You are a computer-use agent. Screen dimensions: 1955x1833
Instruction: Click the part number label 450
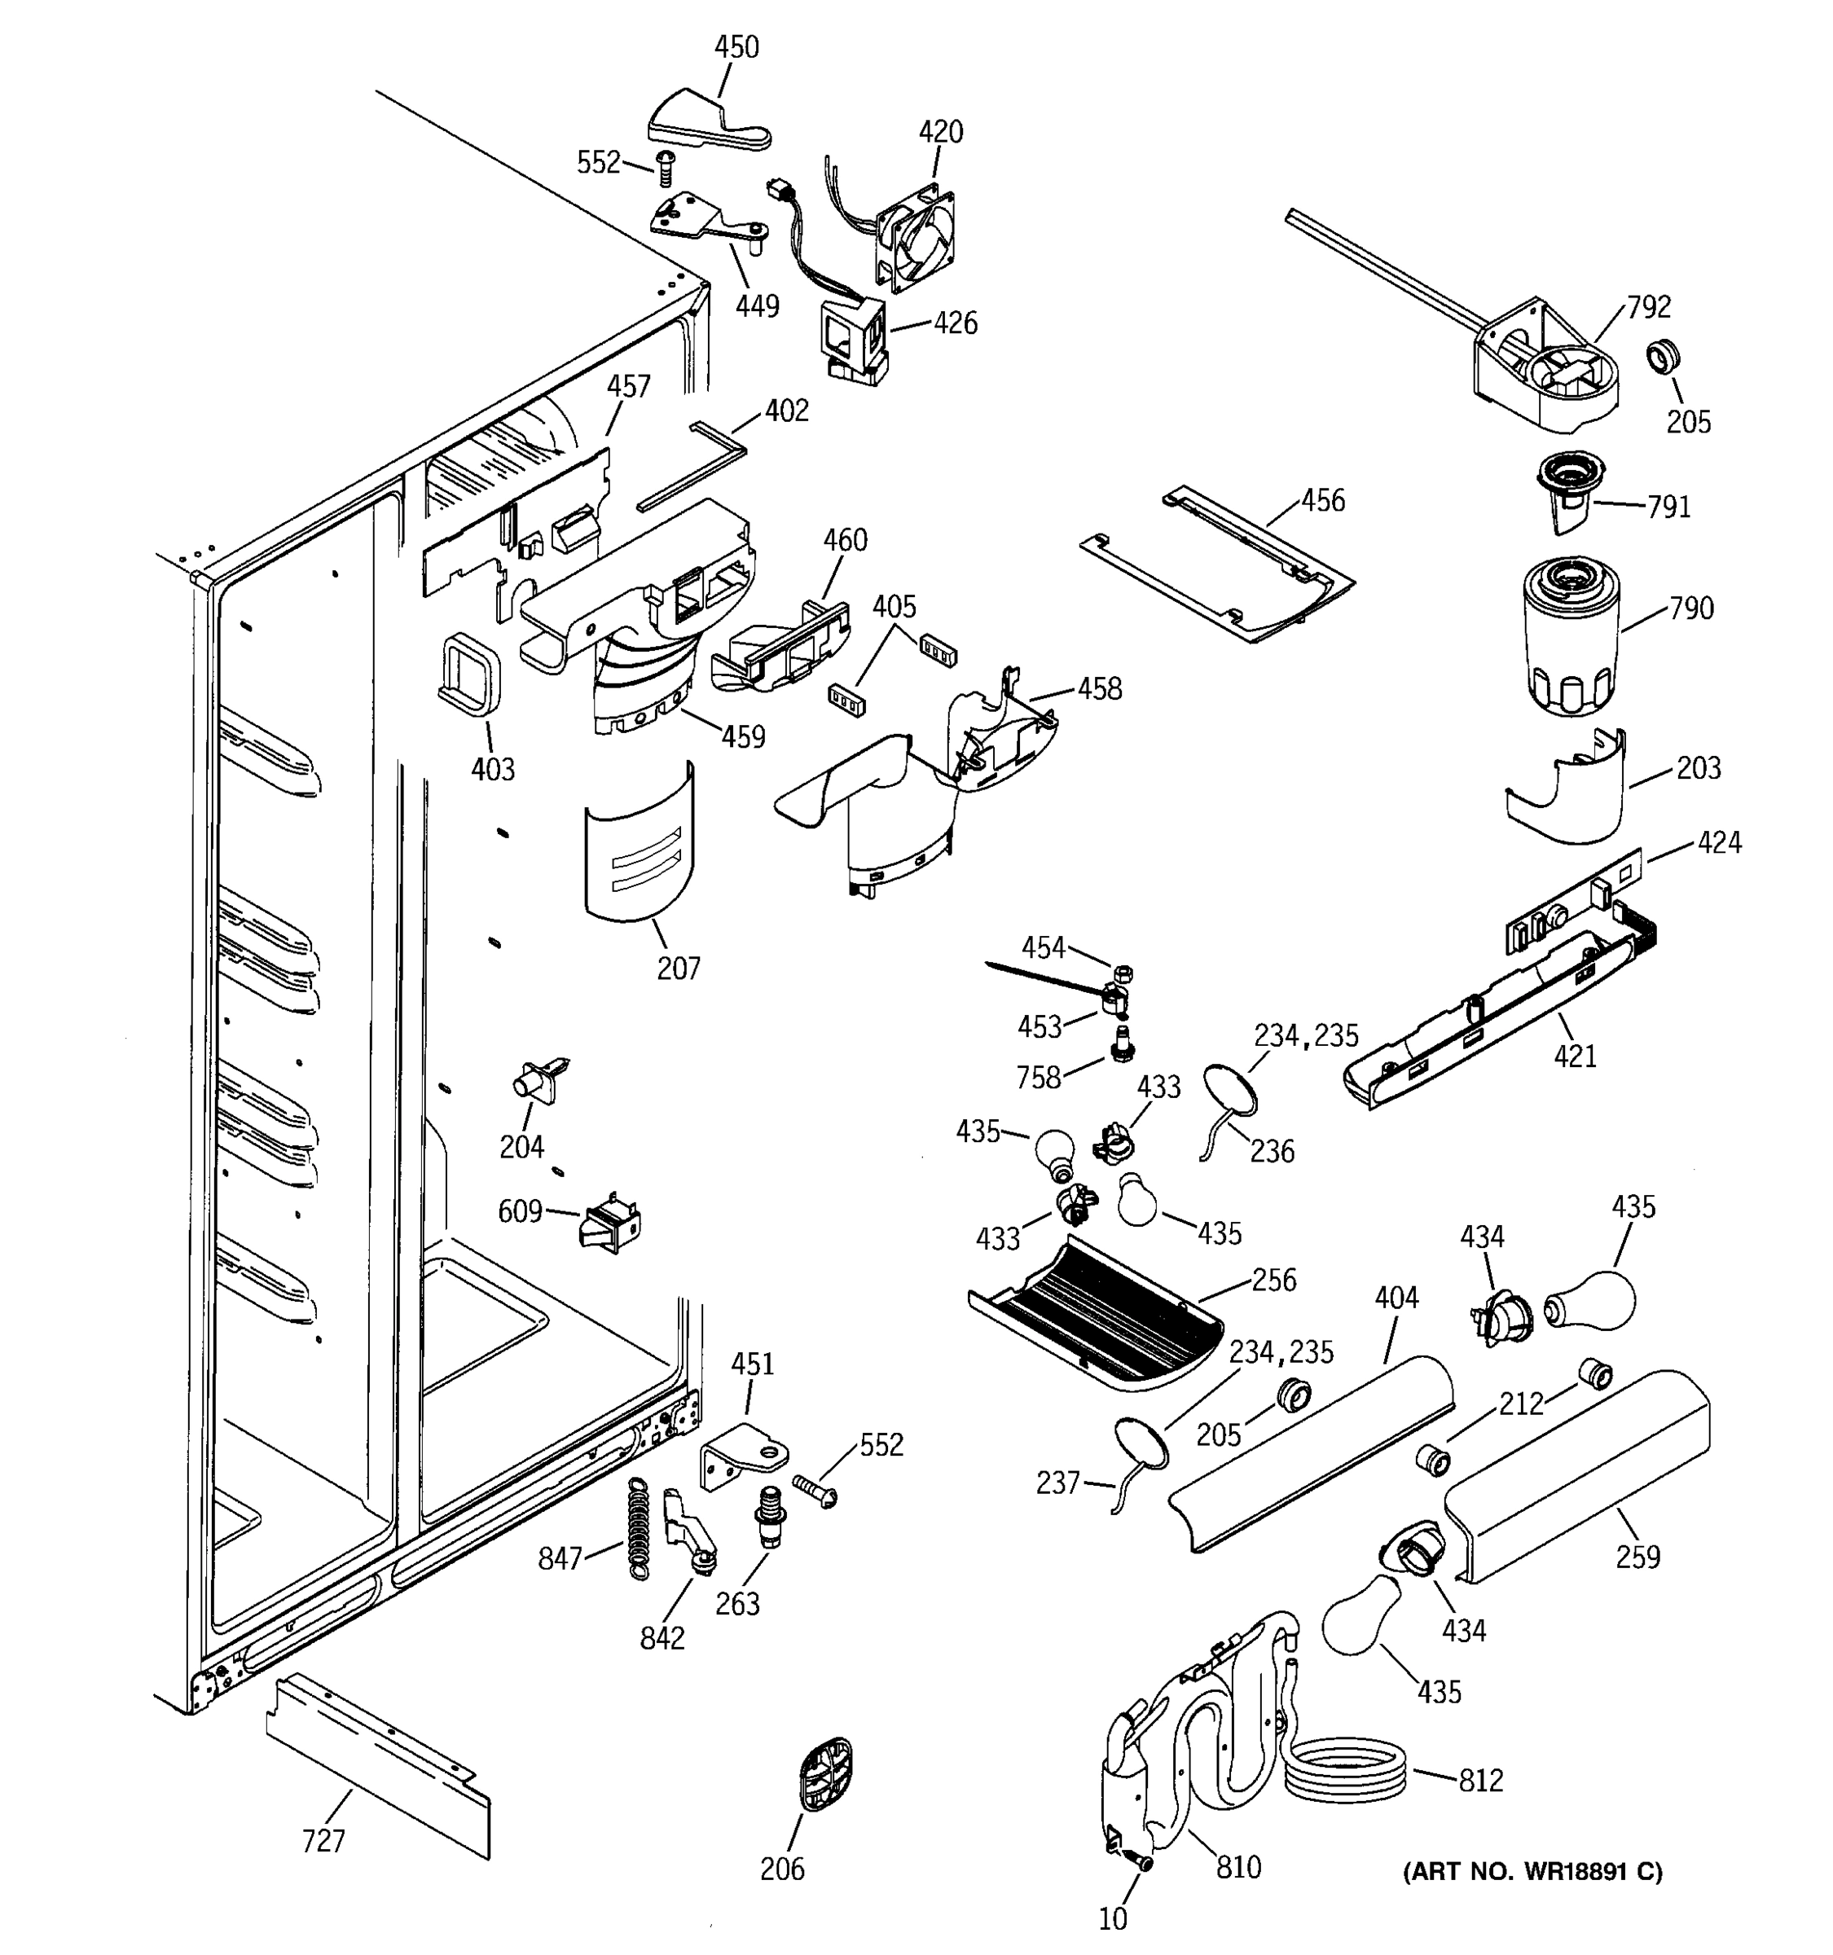[x=736, y=47]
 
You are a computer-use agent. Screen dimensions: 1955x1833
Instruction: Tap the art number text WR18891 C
[x=1532, y=1871]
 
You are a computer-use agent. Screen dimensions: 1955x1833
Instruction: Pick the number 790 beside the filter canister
[x=1691, y=608]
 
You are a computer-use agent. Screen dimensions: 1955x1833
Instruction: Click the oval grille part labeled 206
[x=824, y=1773]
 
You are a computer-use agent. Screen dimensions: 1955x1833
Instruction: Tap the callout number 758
[x=1039, y=1077]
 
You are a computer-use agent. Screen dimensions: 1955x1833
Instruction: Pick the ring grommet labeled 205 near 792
[x=1663, y=356]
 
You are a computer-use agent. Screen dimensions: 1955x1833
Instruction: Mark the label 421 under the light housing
[x=1575, y=1057]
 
